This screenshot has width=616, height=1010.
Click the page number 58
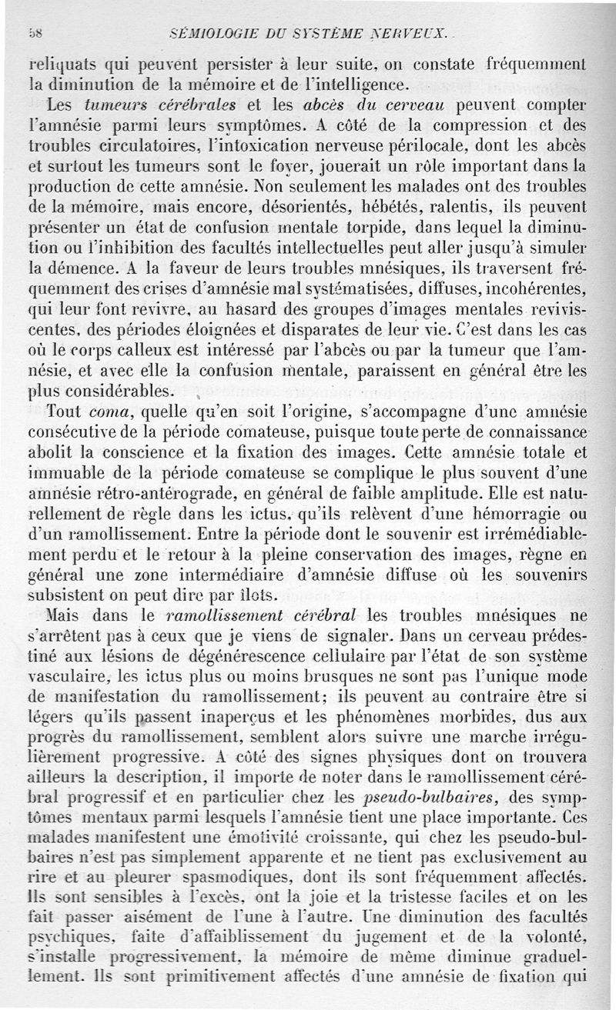pos(34,33)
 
